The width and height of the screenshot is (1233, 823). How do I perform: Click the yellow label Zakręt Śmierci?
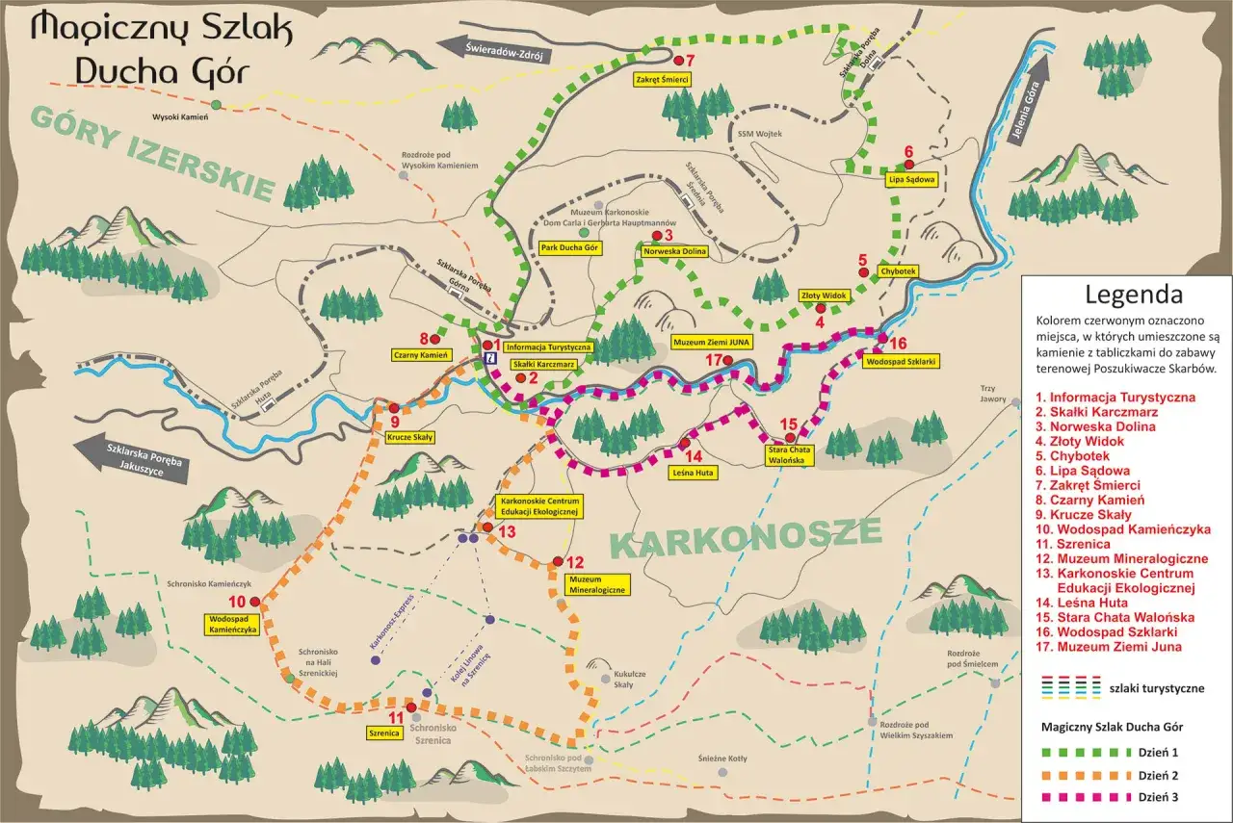(661, 79)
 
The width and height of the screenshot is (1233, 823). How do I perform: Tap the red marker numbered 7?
(676, 61)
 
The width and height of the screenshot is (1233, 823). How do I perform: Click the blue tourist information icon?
(489, 357)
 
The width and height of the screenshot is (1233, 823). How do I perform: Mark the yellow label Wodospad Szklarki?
(902, 362)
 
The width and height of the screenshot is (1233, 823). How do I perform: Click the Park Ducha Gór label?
(570, 248)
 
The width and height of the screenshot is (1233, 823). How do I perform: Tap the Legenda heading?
(1133, 294)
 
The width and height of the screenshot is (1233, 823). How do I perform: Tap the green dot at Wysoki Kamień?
(217, 104)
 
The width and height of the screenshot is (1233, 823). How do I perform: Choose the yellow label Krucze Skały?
(409, 436)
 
